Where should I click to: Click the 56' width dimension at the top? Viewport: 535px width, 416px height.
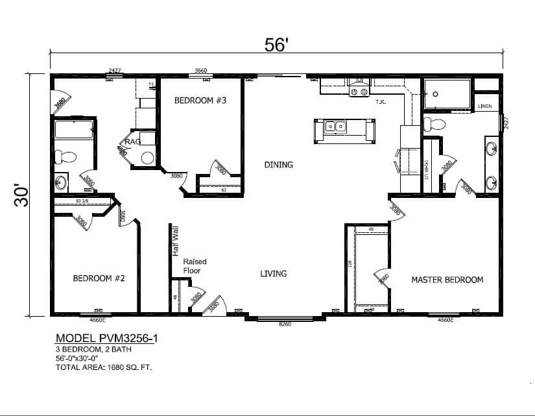tap(276, 44)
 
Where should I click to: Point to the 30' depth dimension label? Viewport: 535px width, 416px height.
tap(21, 194)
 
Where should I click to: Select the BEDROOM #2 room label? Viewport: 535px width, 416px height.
tap(99, 278)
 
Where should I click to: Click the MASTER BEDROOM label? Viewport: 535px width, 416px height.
tap(447, 280)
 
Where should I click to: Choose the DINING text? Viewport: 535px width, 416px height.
tap(278, 165)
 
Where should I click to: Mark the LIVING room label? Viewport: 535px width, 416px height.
tap(273, 274)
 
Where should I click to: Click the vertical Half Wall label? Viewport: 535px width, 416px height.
tap(174, 241)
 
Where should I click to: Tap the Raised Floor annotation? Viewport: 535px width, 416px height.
tap(195, 266)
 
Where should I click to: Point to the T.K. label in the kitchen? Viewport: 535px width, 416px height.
tap(381, 102)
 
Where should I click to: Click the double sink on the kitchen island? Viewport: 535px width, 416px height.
tap(337, 127)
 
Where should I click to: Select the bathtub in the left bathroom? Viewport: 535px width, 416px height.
tap(73, 129)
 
